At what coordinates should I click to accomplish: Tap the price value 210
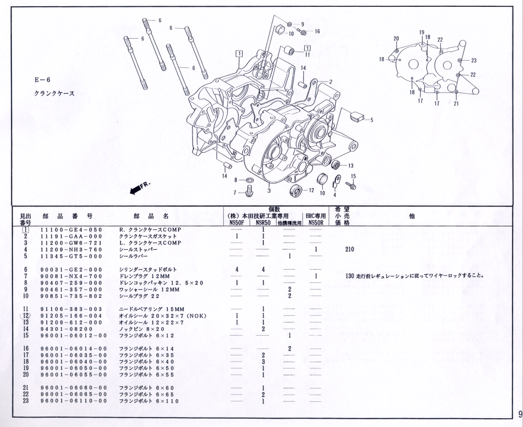click(349, 249)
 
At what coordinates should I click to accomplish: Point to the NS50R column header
click(315, 222)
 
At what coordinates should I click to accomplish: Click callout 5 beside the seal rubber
click(371, 120)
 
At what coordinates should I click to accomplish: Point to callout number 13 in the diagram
click(350, 166)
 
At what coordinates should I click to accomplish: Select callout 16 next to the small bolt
click(317, 31)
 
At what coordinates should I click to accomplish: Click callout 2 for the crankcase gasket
click(331, 82)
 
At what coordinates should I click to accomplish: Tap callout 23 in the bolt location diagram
click(473, 60)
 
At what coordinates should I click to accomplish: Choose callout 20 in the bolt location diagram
click(396, 39)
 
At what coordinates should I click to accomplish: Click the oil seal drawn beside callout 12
click(296, 191)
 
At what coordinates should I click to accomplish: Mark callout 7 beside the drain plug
click(235, 192)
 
